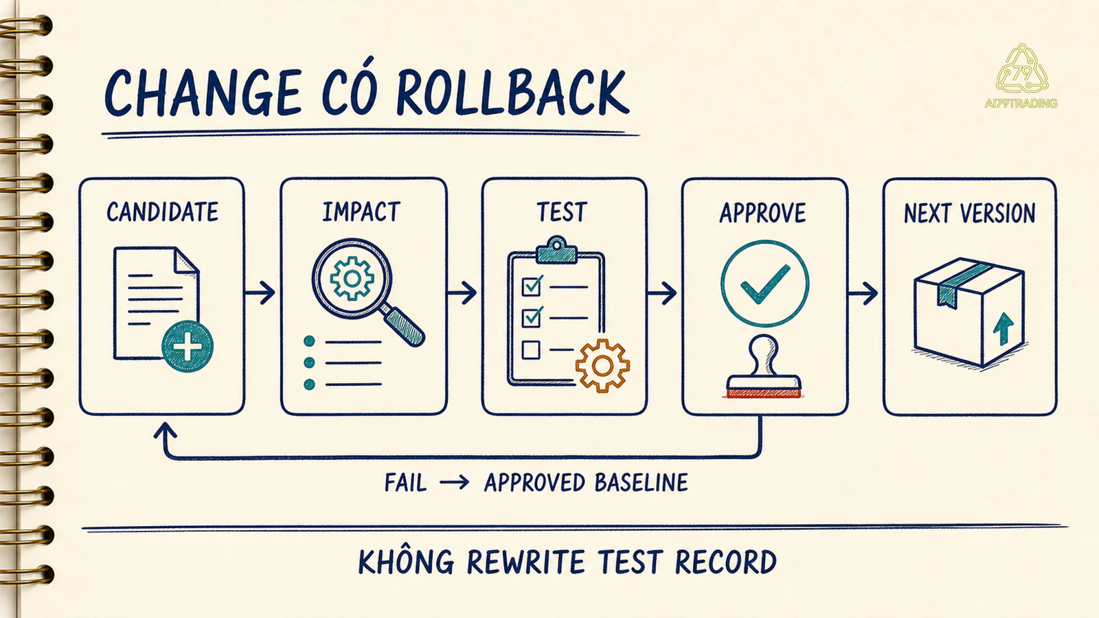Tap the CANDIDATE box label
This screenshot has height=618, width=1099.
[162, 212]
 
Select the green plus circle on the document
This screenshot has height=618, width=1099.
[188, 346]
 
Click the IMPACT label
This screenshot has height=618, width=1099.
[361, 212]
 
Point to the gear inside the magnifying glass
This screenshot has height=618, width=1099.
[352, 278]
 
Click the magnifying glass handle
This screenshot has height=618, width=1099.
[405, 325]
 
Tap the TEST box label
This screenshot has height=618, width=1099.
[563, 212]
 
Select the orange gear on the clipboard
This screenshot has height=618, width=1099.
[602, 365]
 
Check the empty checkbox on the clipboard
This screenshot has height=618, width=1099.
[531, 350]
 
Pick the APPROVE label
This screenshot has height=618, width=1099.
[762, 213]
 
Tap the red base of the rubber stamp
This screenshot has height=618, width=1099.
[764, 393]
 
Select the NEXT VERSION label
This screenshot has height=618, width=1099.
[969, 214]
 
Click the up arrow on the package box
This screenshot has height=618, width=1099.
[1004, 329]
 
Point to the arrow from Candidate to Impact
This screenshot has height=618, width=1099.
[260, 293]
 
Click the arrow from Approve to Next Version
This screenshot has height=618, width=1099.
[863, 293]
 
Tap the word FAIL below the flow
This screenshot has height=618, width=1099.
[405, 483]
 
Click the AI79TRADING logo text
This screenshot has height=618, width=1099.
[1021, 104]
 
